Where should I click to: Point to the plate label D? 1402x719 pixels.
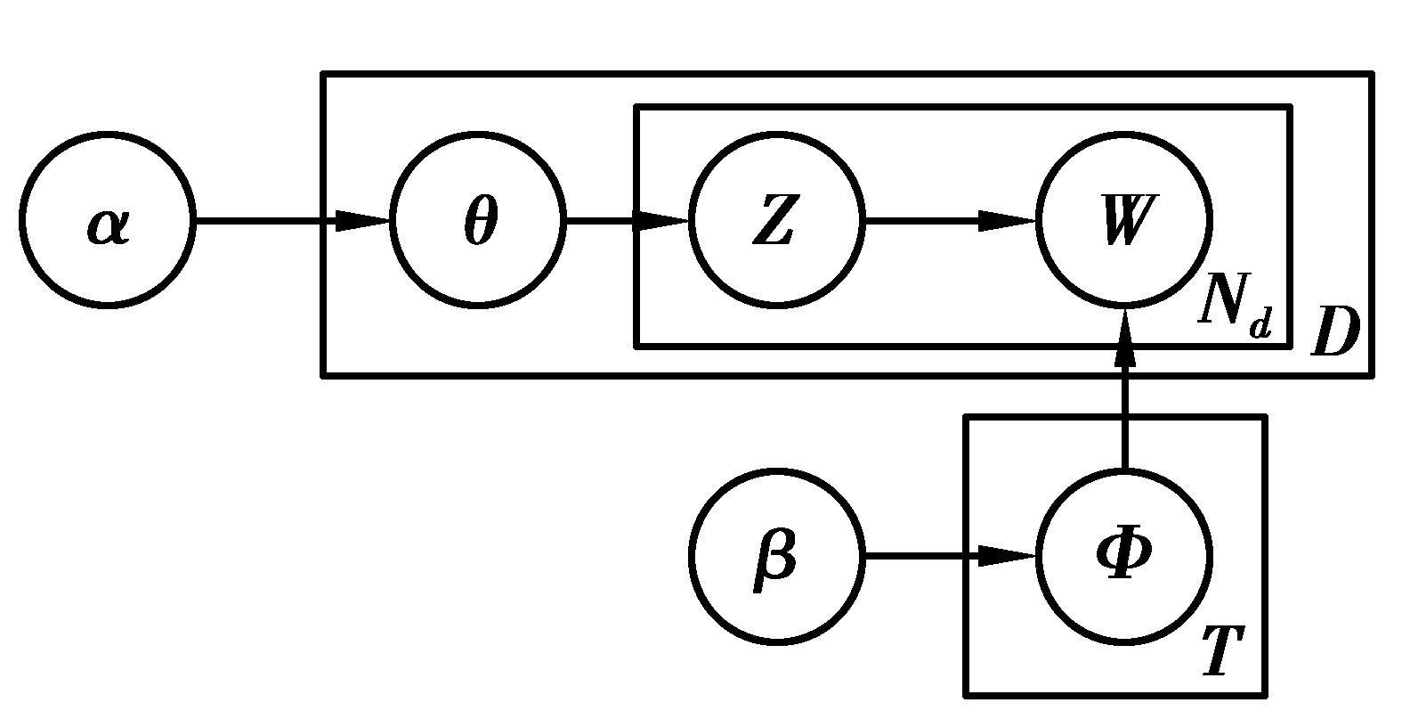click(x=1335, y=333)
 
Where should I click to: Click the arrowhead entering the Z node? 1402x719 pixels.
click(x=663, y=220)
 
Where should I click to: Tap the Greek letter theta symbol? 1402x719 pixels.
click(x=481, y=221)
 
